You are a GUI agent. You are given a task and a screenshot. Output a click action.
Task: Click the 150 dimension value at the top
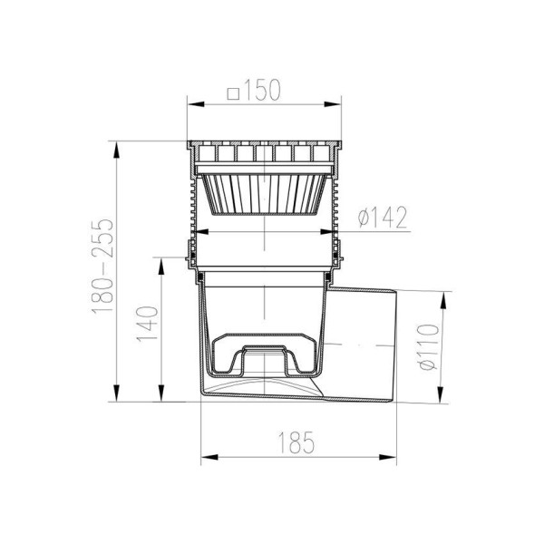click(262, 90)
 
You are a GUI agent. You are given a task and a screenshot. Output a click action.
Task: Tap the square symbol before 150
click(234, 93)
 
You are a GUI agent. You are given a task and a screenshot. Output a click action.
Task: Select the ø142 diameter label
click(383, 218)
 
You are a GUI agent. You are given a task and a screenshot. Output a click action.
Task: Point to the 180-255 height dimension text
click(103, 267)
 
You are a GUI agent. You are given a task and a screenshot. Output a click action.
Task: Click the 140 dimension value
click(148, 324)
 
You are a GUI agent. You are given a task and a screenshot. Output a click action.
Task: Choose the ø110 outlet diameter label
click(429, 347)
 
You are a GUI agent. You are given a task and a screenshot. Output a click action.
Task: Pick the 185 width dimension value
click(296, 442)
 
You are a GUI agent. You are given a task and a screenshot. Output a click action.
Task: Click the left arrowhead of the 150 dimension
click(196, 104)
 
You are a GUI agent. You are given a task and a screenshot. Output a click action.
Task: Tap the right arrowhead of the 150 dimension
click(333, 104)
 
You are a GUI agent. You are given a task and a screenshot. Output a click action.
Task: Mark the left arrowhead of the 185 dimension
click(209, 457)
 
